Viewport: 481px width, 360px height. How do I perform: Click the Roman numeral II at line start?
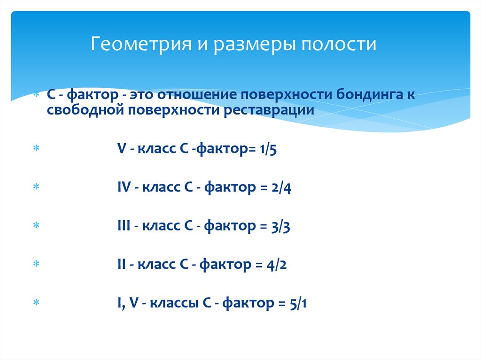(122, 265)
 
